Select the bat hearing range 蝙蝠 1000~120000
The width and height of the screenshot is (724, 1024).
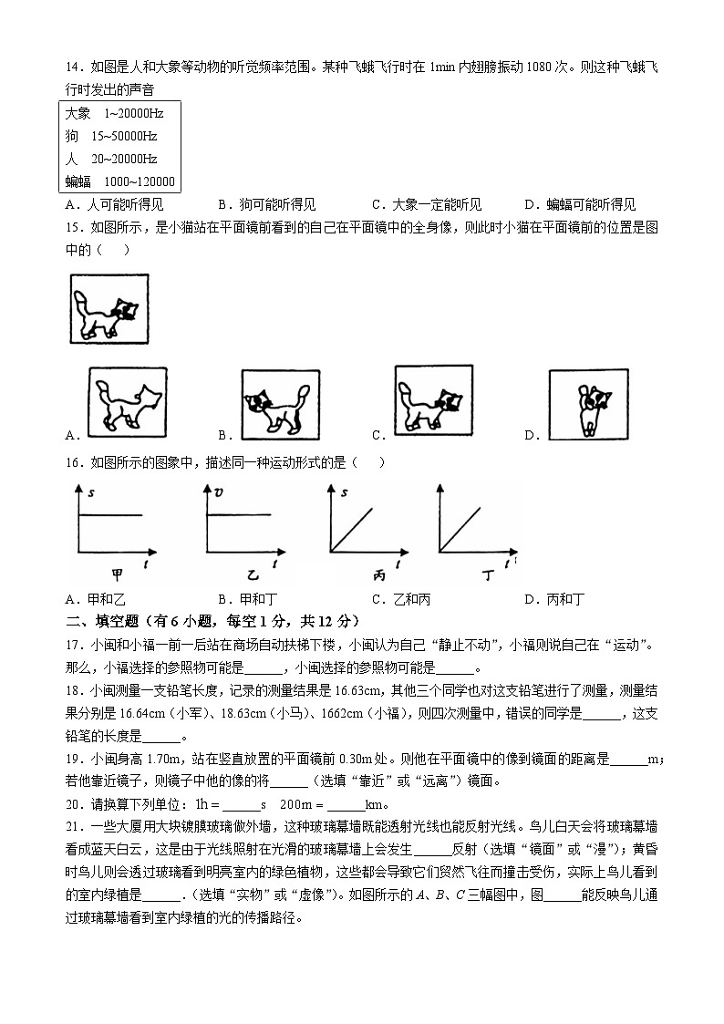(119, 181)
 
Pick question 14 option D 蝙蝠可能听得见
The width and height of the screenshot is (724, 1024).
(580, 205)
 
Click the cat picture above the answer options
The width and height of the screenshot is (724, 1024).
(109, 309)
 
